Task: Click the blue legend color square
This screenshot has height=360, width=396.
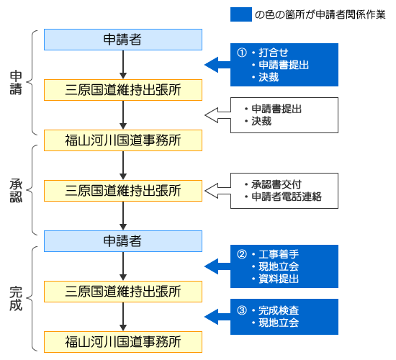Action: [x=241, y=14]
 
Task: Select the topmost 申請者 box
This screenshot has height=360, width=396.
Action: [x=123, y=40]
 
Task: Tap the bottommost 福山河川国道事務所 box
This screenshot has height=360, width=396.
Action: [x=123, y=342]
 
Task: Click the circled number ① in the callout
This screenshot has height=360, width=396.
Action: [x=242, y=53]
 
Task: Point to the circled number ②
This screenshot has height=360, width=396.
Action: [x=242, y=254]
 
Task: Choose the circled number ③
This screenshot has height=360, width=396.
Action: [x=242, y=310]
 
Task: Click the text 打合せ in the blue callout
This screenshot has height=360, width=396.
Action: [x=274, y=53]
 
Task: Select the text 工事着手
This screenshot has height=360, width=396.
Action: [x=279, y=254]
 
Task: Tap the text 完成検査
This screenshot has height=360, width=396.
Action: [x=279, y=310]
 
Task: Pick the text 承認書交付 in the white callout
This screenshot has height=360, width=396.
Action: [x=276, y=184]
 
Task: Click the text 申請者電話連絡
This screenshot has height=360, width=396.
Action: [x=287, y=197]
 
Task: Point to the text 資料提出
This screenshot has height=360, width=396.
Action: [x=279, y=279]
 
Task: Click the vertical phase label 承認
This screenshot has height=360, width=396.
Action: [x=16, y=191]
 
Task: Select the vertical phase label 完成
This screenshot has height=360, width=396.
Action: [x=16, y=298]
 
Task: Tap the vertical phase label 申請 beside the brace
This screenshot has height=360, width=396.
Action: [x=16, y=83]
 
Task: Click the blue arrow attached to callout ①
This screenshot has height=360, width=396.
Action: [x=217, y=65]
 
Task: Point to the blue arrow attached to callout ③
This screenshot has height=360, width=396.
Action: [x=217, y=317]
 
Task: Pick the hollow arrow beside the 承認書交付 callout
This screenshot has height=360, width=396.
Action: [x=217, y=191]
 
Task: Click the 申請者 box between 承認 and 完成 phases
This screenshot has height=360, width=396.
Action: [x=123, y=241]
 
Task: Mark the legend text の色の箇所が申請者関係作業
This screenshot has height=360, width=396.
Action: [x=320, y=14]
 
